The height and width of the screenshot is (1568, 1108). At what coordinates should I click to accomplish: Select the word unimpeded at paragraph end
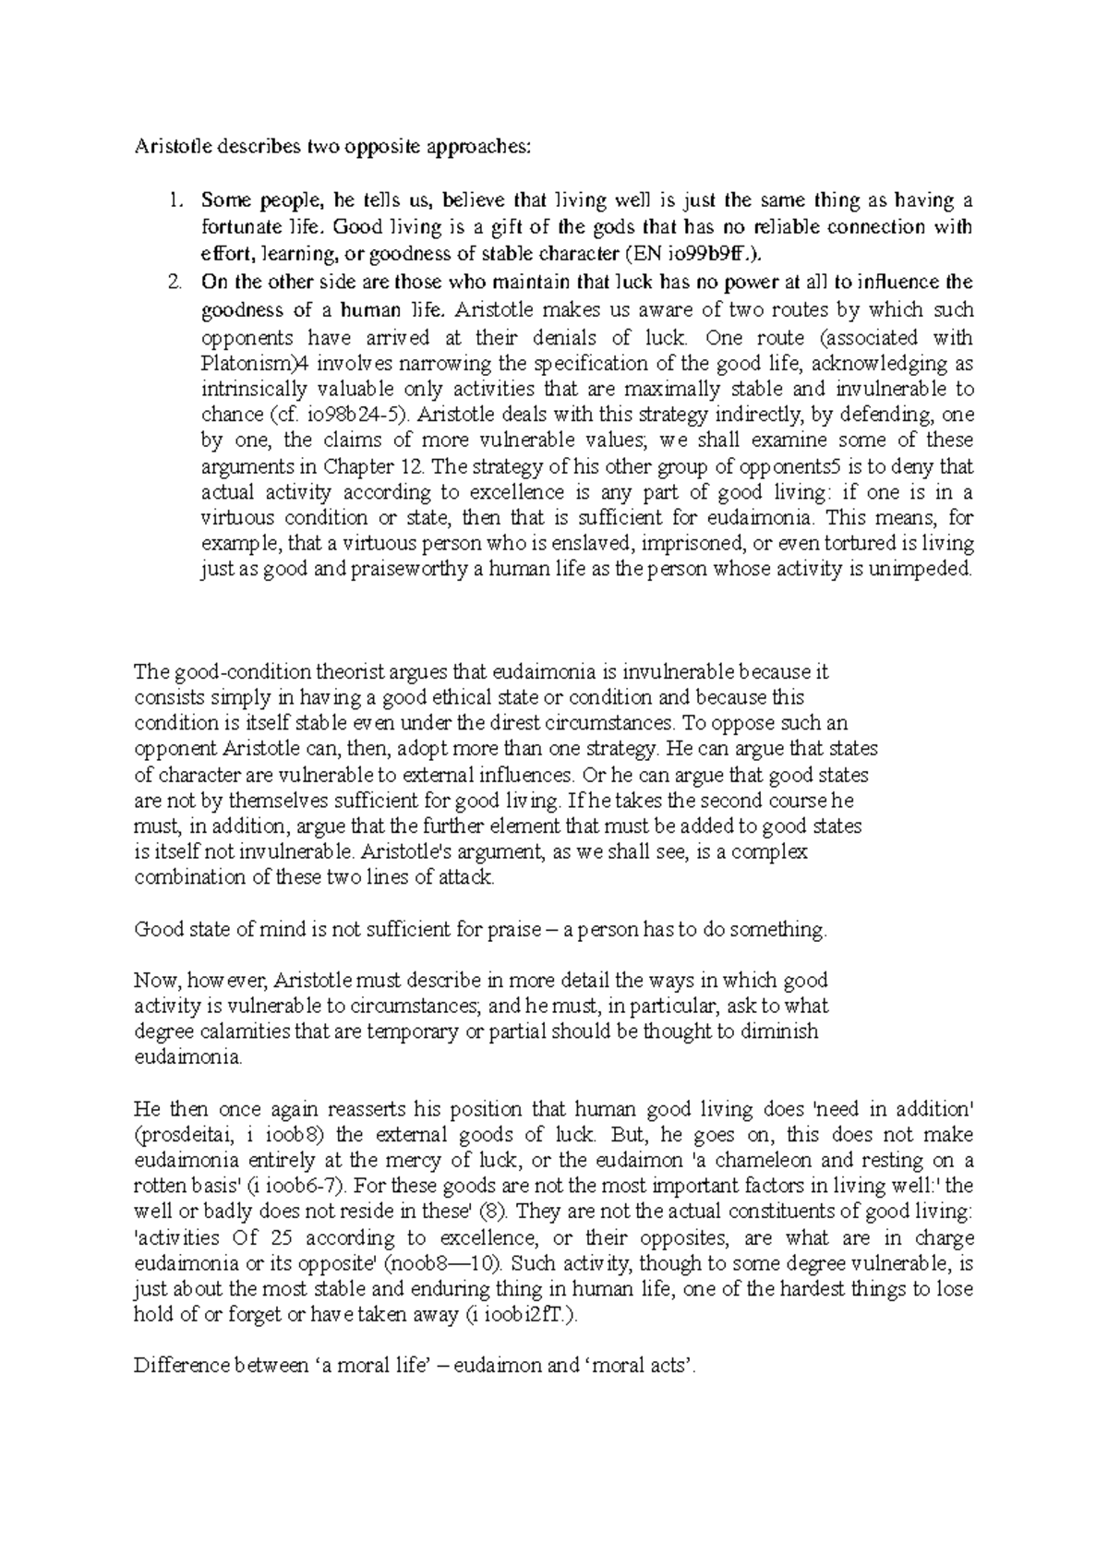(x=926, y=570)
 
